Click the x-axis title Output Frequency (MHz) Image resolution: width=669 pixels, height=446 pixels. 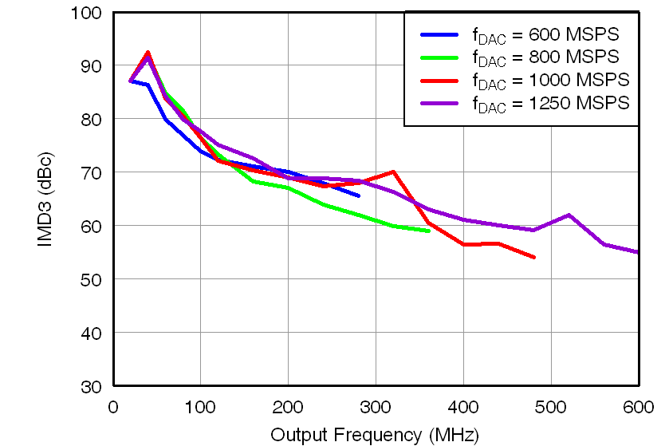click(375, 435)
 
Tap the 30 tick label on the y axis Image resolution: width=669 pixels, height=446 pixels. click(91, 386)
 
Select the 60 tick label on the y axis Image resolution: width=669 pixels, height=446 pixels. click(91, 226)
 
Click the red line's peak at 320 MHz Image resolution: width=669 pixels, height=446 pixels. click(393, 172)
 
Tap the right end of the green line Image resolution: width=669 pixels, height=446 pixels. click(429, 231)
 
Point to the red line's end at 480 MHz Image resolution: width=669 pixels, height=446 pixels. click(533, 257)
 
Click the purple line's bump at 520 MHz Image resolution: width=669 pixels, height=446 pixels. click(569, 215)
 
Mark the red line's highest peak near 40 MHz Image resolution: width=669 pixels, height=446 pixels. click(148, 53)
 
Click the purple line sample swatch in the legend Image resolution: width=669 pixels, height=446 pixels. click(439, 102)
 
